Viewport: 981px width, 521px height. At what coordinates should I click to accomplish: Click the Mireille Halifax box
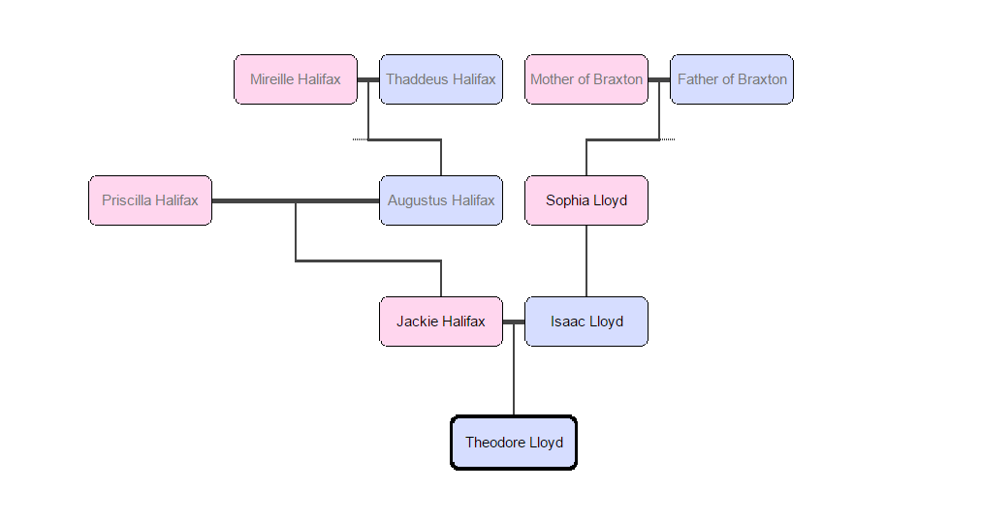(296, 79)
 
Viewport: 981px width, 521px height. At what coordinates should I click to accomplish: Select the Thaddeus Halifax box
(441, 79)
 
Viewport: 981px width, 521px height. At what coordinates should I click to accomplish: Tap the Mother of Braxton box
(586, 79)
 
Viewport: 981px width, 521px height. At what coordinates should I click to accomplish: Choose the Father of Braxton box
(732, 79)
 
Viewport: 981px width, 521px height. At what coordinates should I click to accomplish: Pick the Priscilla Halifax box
(150, 200)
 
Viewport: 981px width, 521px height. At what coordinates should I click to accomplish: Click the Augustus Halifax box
(441, 200)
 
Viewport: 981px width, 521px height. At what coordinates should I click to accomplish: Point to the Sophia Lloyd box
(586, 200)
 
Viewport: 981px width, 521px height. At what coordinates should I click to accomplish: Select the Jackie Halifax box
(441, 322)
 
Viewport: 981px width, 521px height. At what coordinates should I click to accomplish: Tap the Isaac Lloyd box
(586, 322)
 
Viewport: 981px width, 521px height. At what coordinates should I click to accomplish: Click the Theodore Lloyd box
(514, 443)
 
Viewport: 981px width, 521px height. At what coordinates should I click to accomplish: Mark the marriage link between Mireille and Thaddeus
(368, 79)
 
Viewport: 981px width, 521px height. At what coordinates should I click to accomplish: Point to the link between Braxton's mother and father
(659, 79)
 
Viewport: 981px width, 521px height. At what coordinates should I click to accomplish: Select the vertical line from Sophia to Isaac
(586, 261)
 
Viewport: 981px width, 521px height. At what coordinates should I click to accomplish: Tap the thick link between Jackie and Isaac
(514, 322)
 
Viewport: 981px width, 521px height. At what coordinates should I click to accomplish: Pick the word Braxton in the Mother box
(617, 79)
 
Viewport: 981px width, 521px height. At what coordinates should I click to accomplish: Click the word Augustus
(418, 200)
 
